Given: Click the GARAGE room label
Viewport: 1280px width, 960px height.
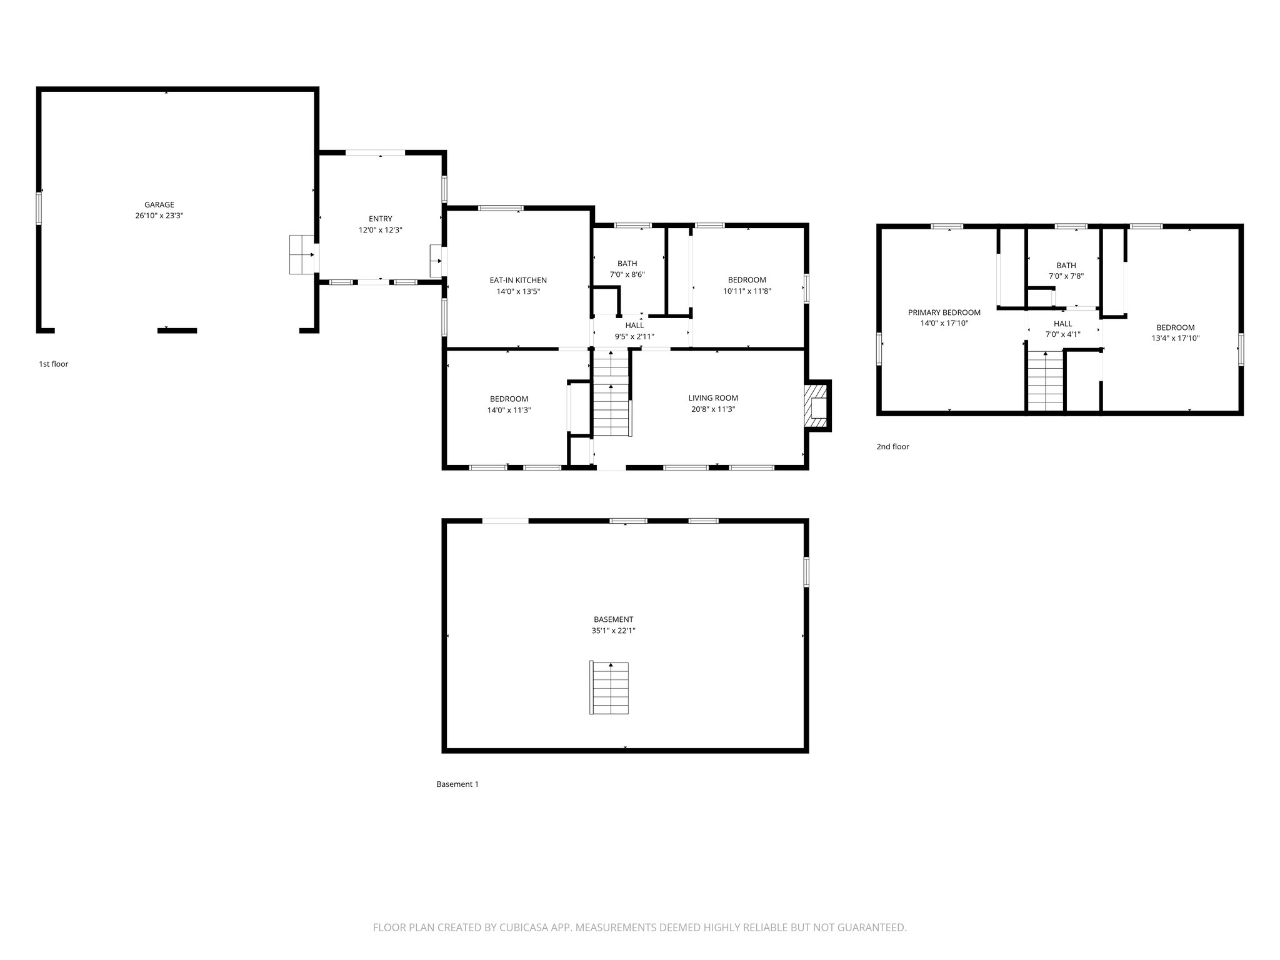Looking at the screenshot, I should [159, 204].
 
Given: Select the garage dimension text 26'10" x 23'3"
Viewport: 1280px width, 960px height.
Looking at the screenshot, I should [159, 216].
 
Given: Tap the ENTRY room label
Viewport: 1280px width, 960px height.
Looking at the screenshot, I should [380, 219].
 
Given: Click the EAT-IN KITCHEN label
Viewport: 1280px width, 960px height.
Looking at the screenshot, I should [517, 281].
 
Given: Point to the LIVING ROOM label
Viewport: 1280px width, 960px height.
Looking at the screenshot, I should [712, 398].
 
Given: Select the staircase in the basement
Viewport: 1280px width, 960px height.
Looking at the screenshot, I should [609, 688].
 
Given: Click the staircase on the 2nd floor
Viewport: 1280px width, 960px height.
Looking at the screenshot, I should [1046, 381].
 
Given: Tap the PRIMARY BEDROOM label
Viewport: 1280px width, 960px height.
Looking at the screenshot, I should [944, 312].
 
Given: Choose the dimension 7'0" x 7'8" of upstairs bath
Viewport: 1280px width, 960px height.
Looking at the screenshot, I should [1066, 276].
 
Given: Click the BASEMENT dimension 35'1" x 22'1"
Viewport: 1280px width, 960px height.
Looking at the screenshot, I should [613, 631].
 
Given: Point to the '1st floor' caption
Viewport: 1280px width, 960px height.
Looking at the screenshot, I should [54, 364].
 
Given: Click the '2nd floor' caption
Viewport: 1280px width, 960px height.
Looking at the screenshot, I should [892, 446].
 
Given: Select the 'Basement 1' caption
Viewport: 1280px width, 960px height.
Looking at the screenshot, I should [457, 784].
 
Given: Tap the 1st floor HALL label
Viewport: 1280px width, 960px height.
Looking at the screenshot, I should [634, 325].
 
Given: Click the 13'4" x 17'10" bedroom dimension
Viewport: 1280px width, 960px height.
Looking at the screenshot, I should [1175, 338].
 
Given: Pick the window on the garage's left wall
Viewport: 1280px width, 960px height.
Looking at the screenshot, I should [39, 208].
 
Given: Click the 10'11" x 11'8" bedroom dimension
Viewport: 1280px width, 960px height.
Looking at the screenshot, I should [746, 291].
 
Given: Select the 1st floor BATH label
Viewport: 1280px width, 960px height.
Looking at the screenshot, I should [627, 264].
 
